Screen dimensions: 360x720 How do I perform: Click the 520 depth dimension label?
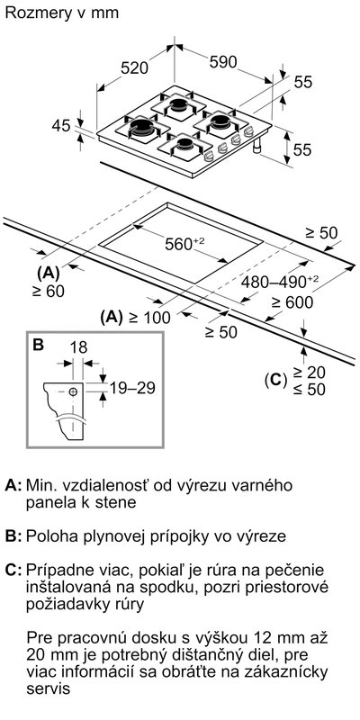click(135, 68)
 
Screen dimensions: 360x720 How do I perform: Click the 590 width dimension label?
click(222, 62)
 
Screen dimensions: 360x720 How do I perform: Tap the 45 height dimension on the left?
click(60, 125)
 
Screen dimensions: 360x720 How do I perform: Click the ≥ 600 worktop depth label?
click(292, 302)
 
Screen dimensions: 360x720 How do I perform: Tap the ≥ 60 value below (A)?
click(49, 291)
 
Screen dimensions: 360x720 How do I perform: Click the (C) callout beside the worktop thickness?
click(276, 380)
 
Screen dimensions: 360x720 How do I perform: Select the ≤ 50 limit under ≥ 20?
click(310, 390)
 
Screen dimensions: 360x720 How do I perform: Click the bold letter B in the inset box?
click(39, 345)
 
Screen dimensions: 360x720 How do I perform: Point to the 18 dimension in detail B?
click(78, 347)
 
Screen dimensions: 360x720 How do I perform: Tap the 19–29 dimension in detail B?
click(132, 388)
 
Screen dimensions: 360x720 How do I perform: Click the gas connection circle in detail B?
click(73, 391)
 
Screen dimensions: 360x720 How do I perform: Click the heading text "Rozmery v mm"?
click(61, 13)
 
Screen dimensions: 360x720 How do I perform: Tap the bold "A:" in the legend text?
click(13, 485)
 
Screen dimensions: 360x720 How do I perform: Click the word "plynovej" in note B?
click(114, 536)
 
